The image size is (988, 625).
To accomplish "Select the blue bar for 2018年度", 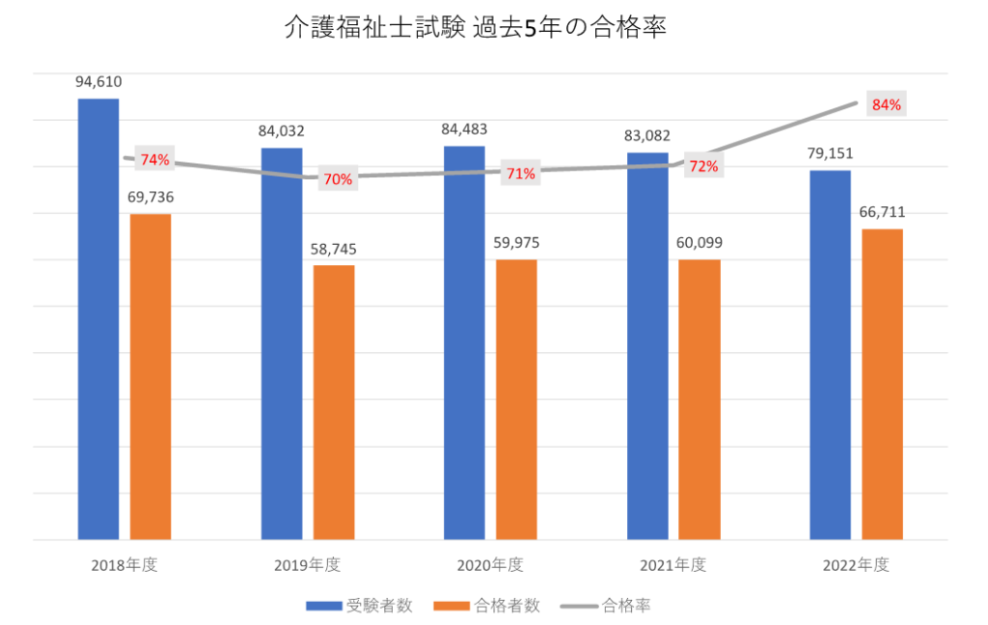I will (98, 318).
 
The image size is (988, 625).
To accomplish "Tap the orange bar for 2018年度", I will (151, 376).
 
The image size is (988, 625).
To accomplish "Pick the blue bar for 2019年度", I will (282, 343).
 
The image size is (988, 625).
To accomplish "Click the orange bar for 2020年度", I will (516, 399).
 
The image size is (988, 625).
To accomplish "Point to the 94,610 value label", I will (98, 83).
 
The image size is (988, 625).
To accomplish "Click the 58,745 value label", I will (334, 249).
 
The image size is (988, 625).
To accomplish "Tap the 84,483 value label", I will (464, 130).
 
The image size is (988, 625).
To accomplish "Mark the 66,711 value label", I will (882, 212).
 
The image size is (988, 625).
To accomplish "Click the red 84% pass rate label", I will (886, 105).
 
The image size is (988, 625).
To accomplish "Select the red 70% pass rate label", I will (338, 178).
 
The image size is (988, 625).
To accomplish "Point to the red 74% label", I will (154, 159).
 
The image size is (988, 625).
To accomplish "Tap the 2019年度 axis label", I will (308, 564).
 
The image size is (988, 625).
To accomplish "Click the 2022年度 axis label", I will (856, 564).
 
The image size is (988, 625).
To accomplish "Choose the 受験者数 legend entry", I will (361, 606).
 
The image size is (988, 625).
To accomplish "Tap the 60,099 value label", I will (700, 242).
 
